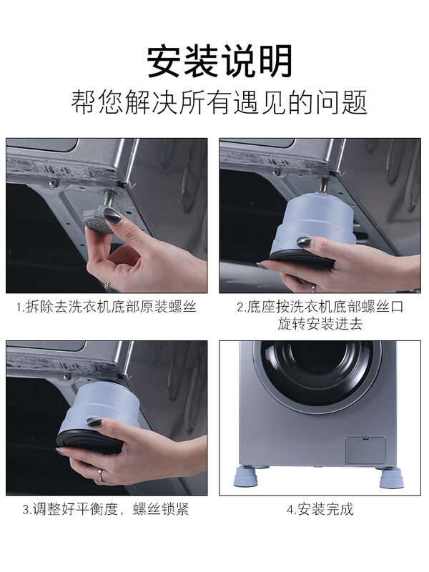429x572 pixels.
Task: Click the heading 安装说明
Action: (220, 61)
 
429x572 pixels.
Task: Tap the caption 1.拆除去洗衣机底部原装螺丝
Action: (107, 307)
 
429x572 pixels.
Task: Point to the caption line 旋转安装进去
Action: (320, 324)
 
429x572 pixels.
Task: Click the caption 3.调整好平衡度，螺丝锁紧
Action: (107, 510)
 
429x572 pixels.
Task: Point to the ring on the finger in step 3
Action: (102, 474)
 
